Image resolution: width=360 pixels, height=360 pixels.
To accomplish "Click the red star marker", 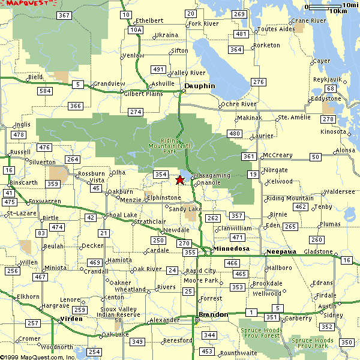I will pos(180,179).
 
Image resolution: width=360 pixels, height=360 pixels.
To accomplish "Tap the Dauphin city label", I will pos(199,86).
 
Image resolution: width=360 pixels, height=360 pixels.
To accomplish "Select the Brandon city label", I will pos(213,314).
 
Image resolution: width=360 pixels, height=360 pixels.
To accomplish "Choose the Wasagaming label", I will pos(212,175).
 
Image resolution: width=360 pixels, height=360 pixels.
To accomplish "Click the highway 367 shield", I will pos(65,15).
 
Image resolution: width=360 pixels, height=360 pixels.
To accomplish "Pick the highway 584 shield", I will pos(44,91).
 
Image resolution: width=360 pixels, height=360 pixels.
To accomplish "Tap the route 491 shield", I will pos(158,70).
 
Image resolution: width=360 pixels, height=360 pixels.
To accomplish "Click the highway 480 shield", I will pos(235,133).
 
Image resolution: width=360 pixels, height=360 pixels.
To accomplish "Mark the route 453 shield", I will pos(207,351).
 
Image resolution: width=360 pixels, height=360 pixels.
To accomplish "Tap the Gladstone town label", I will pos(318,251).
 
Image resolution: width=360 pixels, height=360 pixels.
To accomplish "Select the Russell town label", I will pos(20,152).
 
